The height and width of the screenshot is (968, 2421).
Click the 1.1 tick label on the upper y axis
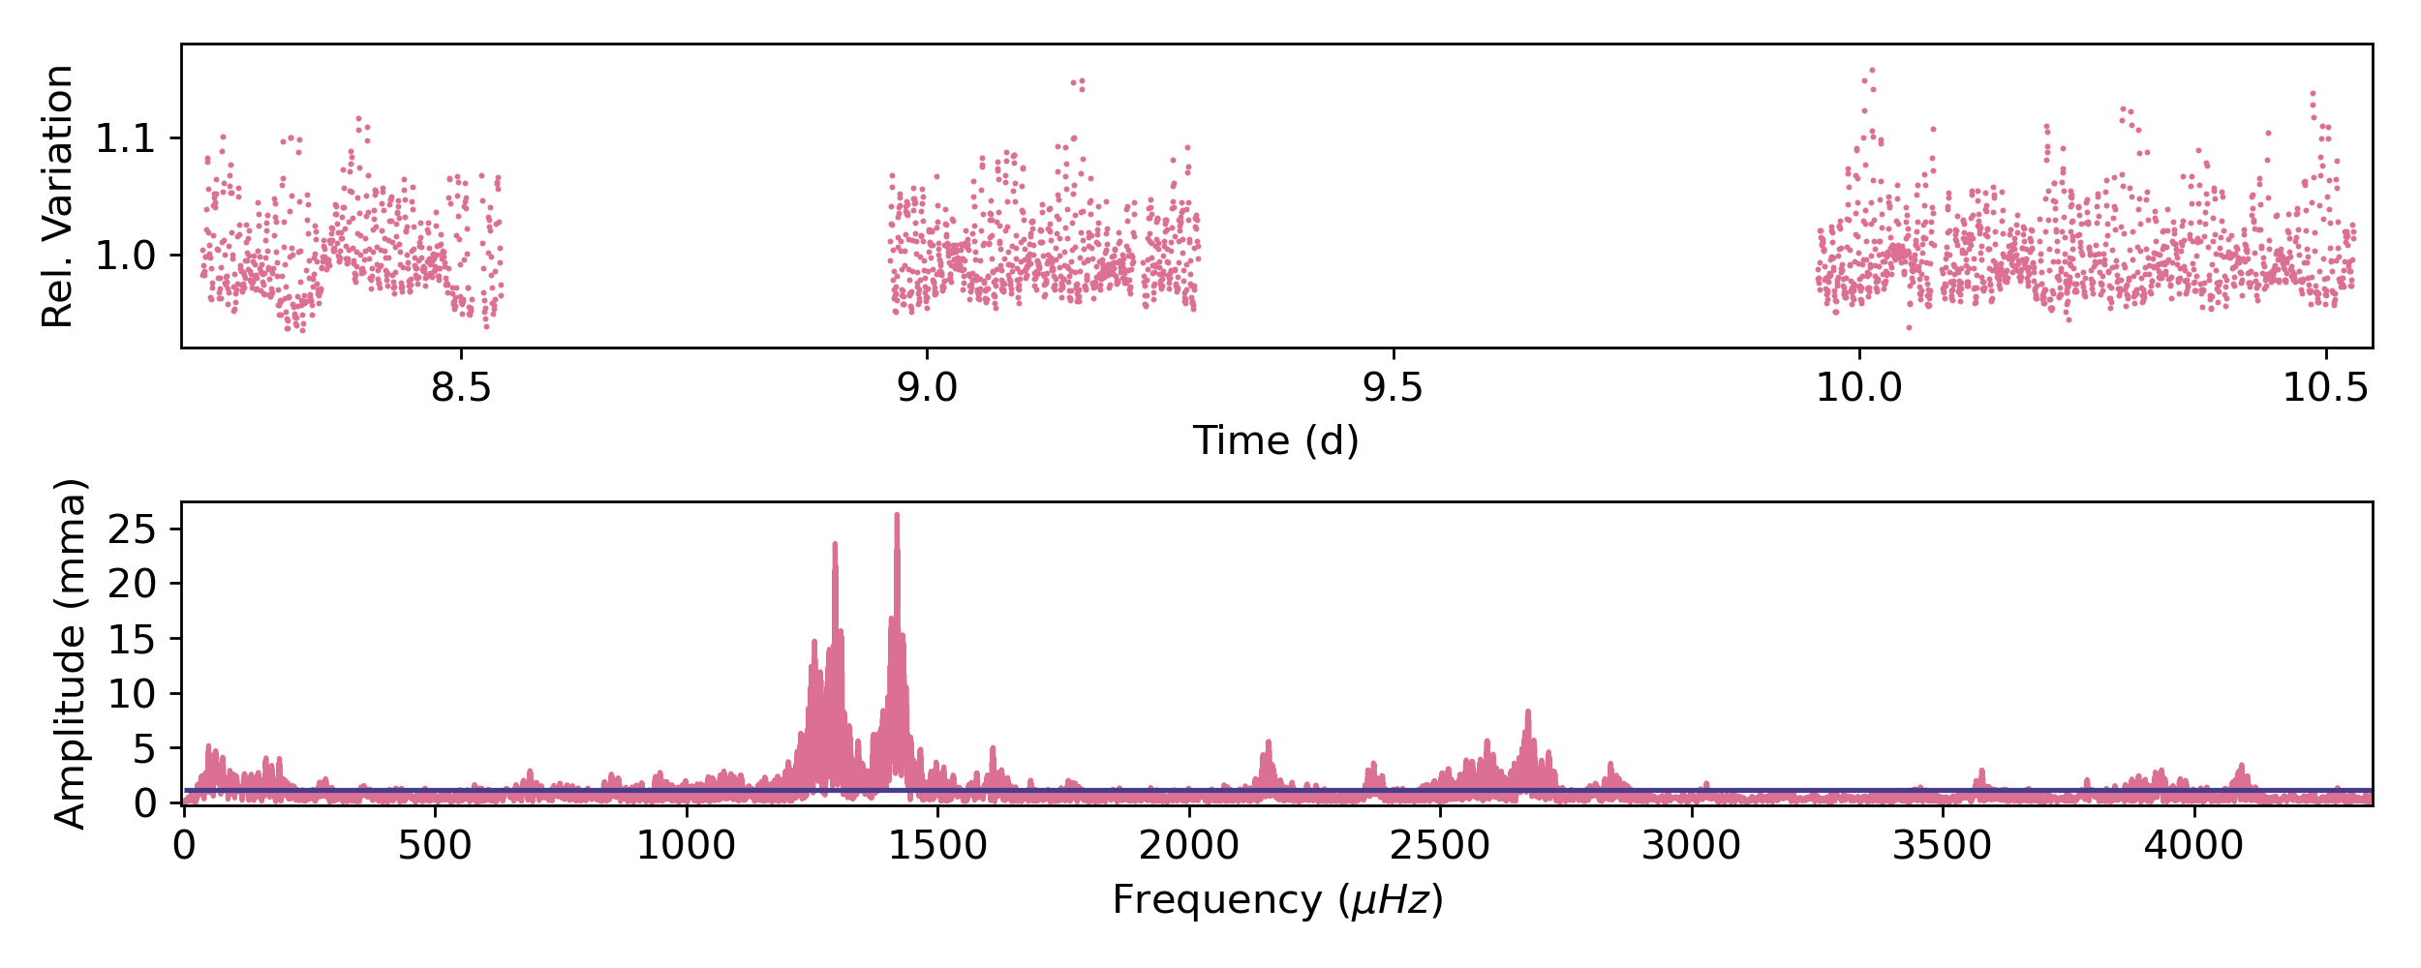(x=125, y=139)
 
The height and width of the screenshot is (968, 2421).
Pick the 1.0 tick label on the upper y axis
(x=125, y=257)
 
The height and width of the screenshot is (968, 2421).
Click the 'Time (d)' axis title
(x=1275, y=441)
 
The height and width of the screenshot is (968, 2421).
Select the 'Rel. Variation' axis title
(x=58, y=197)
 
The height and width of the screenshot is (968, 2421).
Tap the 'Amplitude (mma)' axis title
(x=70, y=654)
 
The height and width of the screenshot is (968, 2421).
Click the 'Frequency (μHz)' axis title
(x=1277, y=900)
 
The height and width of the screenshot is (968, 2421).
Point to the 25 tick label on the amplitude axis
(x=133, y=529)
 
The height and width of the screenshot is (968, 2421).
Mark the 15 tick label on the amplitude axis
(x=133, y=639)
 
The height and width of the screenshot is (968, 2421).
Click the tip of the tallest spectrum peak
(x=897, y=515)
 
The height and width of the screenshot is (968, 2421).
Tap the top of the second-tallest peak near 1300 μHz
(x=835, y=544)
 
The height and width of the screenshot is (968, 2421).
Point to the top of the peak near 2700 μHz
(x=1528, y=711)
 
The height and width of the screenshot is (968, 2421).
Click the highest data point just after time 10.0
(x=1872, y=71)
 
